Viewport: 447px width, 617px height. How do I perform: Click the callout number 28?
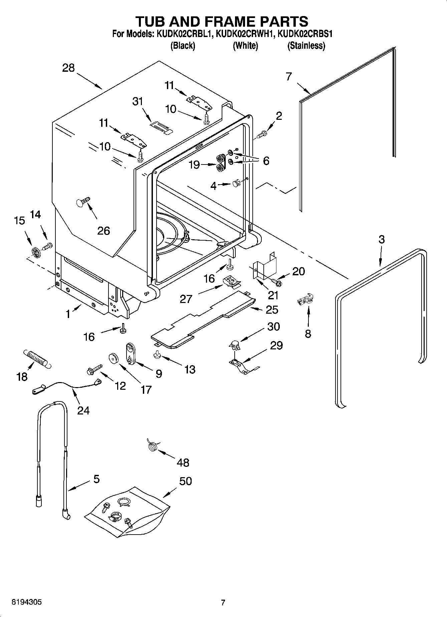click(68, 68)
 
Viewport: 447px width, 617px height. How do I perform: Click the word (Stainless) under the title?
click(306, 46)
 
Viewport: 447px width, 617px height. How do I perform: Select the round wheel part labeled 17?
click(114, 358)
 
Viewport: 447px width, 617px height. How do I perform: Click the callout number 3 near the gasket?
click(382, 239)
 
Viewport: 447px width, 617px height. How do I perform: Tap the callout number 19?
click(194, 165)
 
